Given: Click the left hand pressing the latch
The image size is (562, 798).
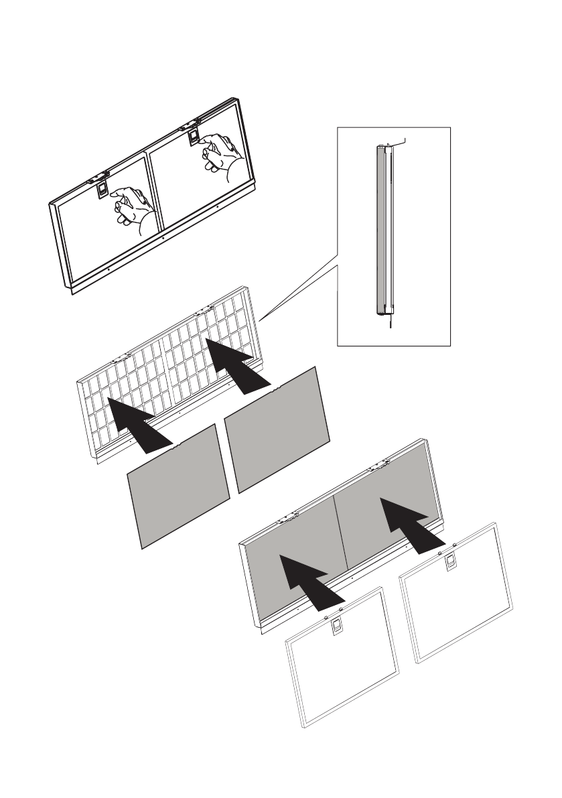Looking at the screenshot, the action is (x=134, y=208).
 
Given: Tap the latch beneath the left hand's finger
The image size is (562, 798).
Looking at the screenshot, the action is (x=101, y=190).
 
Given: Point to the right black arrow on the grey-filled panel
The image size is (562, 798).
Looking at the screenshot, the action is (x=407, y=523).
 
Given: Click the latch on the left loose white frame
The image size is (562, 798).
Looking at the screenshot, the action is (x=337, y=625).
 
